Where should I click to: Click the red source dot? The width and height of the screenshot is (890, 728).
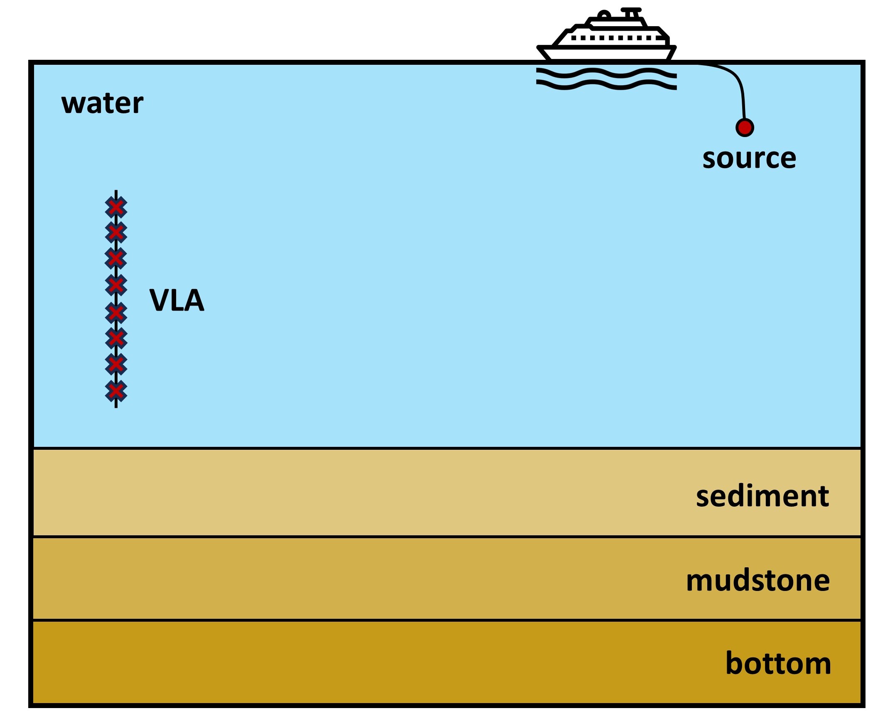point(745,127)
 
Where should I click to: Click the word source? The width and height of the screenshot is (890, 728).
point(749,159)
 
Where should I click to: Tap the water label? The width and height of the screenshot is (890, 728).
point(102,103)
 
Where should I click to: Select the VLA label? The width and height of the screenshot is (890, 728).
point(177,300)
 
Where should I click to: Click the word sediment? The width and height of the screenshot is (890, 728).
point(762,496)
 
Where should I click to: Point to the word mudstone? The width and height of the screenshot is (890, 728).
point(758,581)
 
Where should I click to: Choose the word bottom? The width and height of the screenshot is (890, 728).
point(778,663)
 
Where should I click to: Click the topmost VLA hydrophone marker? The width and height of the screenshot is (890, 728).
point(116,207)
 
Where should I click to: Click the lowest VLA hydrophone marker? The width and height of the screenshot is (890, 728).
point(116,391)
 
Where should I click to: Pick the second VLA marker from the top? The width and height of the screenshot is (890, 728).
point(116,232)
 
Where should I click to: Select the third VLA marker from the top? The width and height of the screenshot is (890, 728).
point(116,258)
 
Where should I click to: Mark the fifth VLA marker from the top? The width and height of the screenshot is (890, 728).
point(116,312)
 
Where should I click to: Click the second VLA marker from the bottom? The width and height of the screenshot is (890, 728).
point(116,364)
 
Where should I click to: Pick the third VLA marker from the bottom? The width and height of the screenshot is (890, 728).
point(116,338)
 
